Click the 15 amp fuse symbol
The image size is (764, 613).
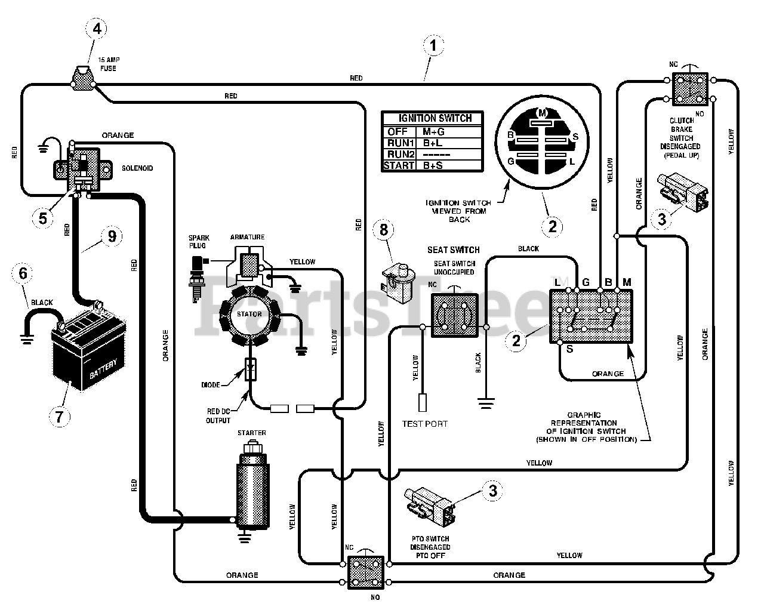click(83, 78)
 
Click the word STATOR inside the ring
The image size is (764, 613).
click(249, 314)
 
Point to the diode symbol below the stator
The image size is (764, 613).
click(251, 369)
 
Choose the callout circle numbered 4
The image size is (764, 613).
click(96, 29)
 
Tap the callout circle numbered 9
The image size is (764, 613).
click(112, 236)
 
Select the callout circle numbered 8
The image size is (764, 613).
click(383, 229)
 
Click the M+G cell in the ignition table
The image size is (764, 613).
click(433, 132)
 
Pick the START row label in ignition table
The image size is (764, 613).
click(399, 165)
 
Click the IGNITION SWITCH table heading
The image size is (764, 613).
click(435, 118)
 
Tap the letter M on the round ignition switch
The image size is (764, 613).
click(542, 113)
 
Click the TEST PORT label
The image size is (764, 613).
click(424, 424)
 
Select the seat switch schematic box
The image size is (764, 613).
click(454, 315)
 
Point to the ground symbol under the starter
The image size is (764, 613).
click(244, 538)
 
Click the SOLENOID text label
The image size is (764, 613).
click(137, 168)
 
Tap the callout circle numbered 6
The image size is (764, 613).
click(22, 273)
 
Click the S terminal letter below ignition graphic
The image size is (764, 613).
click(570, 349)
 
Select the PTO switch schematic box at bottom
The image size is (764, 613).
click(366, 573)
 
